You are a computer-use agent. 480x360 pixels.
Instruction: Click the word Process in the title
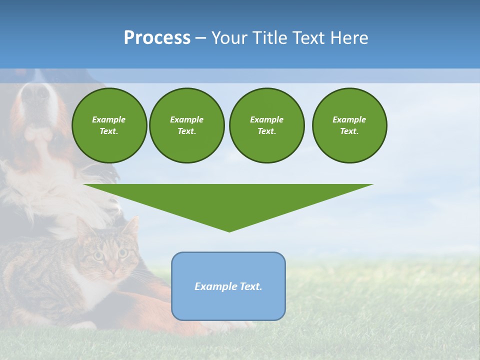157,38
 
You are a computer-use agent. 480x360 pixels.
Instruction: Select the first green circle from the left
109,125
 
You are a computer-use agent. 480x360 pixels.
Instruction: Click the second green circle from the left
186,125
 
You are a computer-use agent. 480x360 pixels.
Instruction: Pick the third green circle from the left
266,125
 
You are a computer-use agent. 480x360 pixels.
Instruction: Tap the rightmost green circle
349,125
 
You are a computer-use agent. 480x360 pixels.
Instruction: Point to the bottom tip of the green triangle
229,231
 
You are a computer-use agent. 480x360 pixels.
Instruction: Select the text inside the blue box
228,286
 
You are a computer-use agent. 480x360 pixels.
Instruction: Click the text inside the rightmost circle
349,125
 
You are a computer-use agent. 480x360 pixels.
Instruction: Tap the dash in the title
200,38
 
